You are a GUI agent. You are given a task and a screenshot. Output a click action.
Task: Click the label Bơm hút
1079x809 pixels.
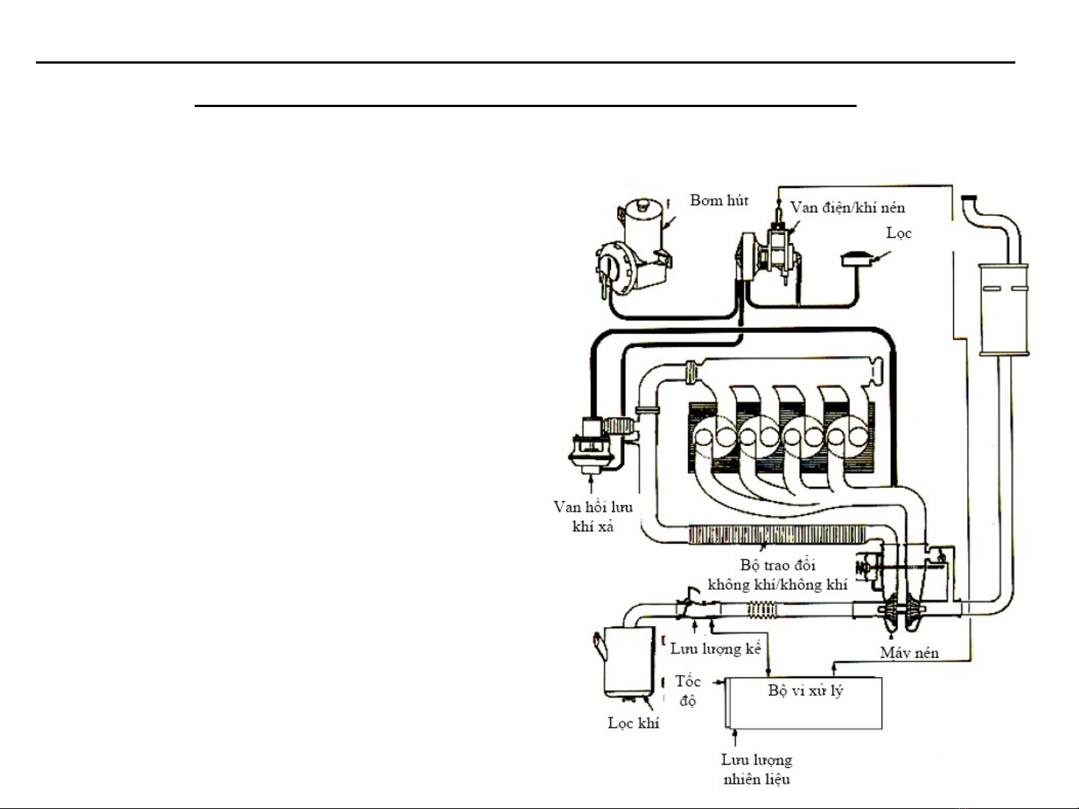click(719, 201)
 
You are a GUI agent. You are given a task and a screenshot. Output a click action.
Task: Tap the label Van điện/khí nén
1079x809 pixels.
click(848, 207)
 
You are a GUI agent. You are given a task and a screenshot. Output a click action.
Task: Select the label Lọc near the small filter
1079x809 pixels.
click(899, 233)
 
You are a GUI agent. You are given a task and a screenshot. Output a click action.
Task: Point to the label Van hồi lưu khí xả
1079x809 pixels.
click(593, 516)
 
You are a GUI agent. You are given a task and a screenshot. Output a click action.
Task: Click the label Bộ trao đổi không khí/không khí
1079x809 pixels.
click(777, 575)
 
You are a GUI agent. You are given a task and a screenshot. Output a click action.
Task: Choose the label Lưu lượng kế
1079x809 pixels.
click(715, 649)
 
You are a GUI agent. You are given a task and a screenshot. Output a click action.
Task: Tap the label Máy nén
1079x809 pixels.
click(909, 653)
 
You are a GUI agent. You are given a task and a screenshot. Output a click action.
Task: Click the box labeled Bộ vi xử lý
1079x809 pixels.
click(805, 703)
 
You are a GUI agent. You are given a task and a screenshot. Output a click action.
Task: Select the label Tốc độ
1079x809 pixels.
click(687, 691)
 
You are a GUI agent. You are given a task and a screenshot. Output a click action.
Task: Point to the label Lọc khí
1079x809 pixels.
click(633, 723)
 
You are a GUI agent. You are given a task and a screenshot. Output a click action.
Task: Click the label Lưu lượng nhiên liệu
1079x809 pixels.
click(756, 769)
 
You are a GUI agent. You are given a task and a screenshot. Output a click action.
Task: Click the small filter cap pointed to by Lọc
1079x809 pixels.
click(857, 259)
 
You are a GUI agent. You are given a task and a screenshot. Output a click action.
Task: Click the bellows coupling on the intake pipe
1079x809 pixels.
click(763, 610)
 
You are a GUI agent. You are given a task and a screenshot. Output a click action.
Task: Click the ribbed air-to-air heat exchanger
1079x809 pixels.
click(776, 534)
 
